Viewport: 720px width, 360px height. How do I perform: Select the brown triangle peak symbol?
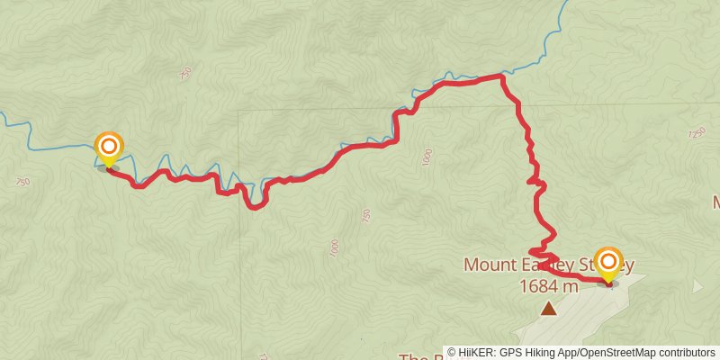coord(549,309)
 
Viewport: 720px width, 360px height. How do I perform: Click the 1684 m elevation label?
coord(548,286)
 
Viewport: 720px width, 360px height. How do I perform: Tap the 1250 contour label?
coord(696,133)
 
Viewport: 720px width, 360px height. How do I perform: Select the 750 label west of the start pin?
coord(23,181)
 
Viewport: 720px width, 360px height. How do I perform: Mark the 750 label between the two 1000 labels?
coord(365,216)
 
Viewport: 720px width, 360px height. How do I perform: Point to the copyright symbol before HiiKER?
coord(453,352)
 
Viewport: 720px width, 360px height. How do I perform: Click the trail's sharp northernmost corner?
coord(501,76)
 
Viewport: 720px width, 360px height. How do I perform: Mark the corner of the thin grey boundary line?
coord(240,111)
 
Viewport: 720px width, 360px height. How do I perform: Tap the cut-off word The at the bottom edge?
coord(412,356)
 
